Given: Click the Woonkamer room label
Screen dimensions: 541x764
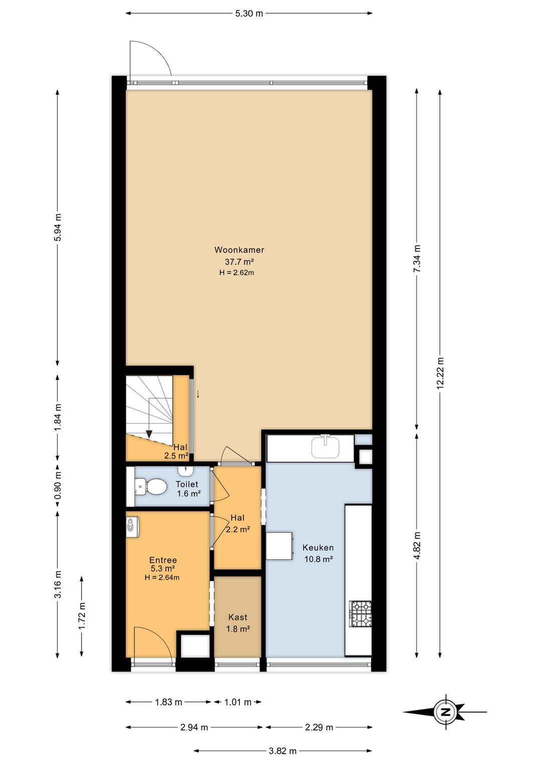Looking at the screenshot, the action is coord(239,250).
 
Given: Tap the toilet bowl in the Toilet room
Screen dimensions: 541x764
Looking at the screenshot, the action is coord(150,486).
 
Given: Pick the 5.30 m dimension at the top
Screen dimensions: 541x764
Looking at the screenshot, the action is coord(249,14).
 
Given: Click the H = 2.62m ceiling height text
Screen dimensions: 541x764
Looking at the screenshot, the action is coord(236,272).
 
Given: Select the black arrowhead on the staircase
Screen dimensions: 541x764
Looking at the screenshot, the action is coord(149,434).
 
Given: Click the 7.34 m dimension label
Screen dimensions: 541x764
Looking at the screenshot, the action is coord(417,258).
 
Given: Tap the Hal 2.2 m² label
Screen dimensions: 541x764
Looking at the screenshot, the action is coord(237,524).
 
